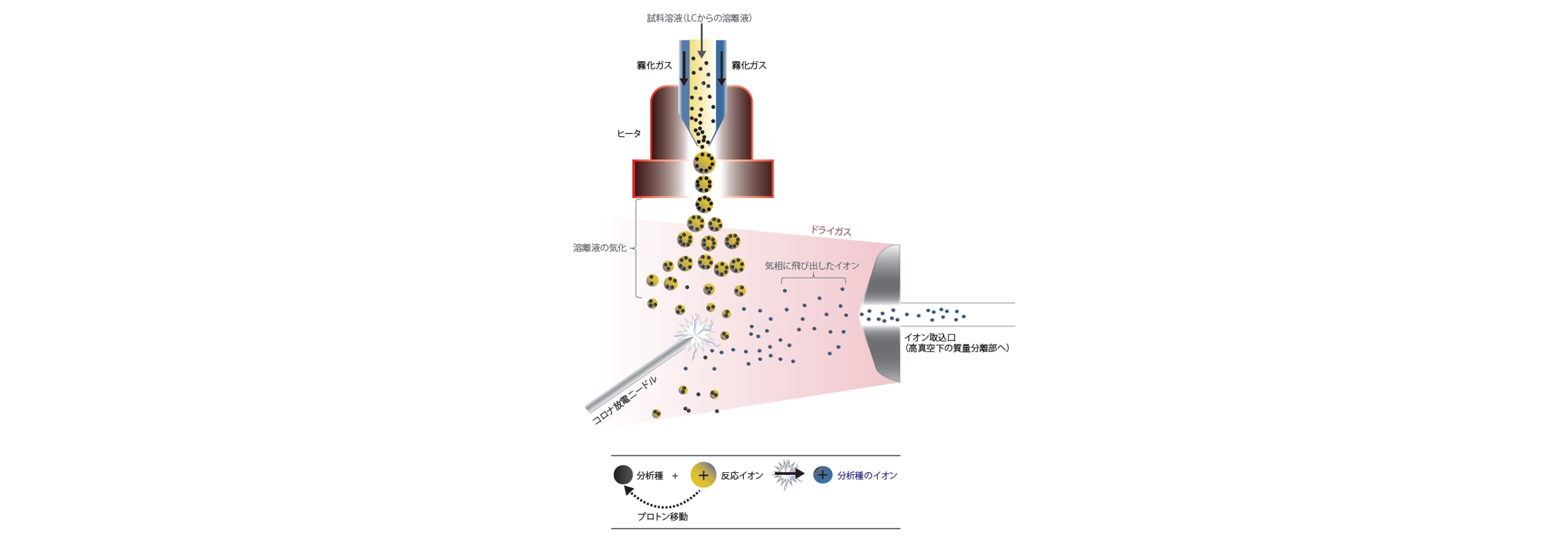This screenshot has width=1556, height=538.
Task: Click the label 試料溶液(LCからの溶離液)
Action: (699, 18)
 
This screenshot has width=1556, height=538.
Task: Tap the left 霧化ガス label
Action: (654, 65)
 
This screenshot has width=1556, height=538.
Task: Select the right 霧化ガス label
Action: (749, 65)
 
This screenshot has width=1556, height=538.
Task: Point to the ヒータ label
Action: (629, 134)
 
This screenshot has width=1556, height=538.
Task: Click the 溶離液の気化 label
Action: (600, 248)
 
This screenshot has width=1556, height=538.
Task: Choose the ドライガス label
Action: (830, 231)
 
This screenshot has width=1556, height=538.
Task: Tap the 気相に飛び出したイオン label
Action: (812, 266)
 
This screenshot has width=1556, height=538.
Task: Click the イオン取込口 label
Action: (930, 337)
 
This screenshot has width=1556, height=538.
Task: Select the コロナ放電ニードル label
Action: (624, 401)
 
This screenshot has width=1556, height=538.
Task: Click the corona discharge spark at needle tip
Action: (696, 334)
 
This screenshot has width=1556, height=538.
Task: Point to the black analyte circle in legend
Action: (623, 475)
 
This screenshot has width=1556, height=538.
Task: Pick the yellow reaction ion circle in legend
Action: (703, 475)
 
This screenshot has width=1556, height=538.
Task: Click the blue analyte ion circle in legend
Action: (822, 475)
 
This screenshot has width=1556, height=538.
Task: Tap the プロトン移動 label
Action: (662, 516)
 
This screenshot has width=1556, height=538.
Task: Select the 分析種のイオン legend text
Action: (867, 475)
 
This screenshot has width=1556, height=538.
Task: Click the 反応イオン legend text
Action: (742, 475)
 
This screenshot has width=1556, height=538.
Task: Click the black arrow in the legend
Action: (789, 473)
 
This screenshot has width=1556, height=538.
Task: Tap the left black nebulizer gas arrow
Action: (684, 68)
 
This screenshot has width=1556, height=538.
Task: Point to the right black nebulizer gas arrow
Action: (721, 68)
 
